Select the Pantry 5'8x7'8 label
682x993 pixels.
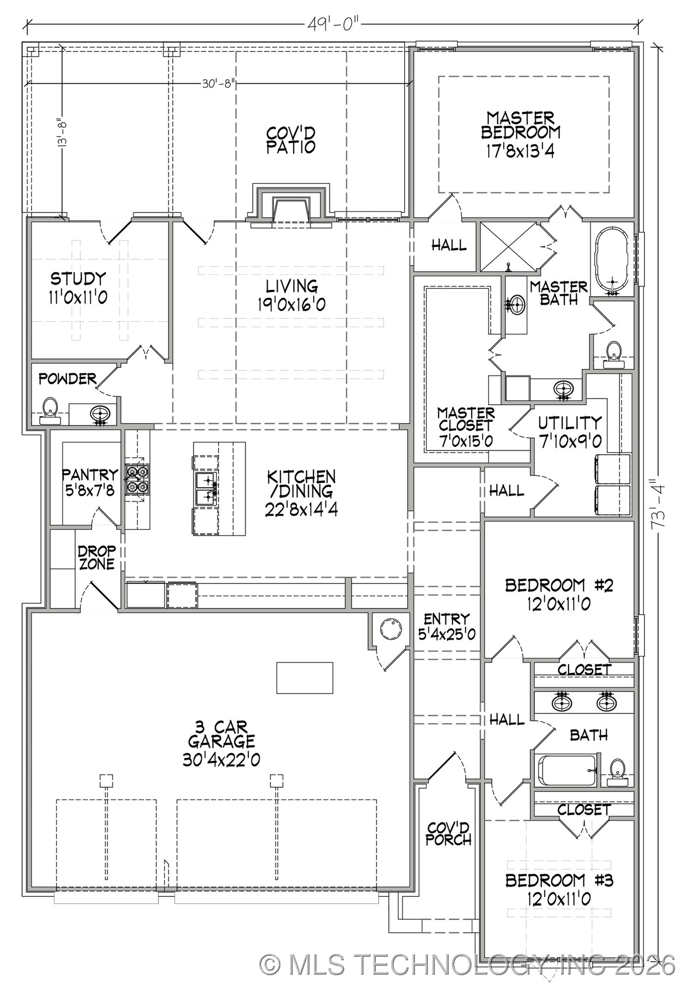[90, 482]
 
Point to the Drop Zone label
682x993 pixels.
[97, 557]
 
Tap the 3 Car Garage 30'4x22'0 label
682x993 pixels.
[221, 743]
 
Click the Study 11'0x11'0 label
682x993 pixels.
[78, 287]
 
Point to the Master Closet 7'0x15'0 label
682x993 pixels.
[466, 426]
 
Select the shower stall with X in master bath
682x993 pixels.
[508, 246]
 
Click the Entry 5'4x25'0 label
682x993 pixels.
[447, 626]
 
